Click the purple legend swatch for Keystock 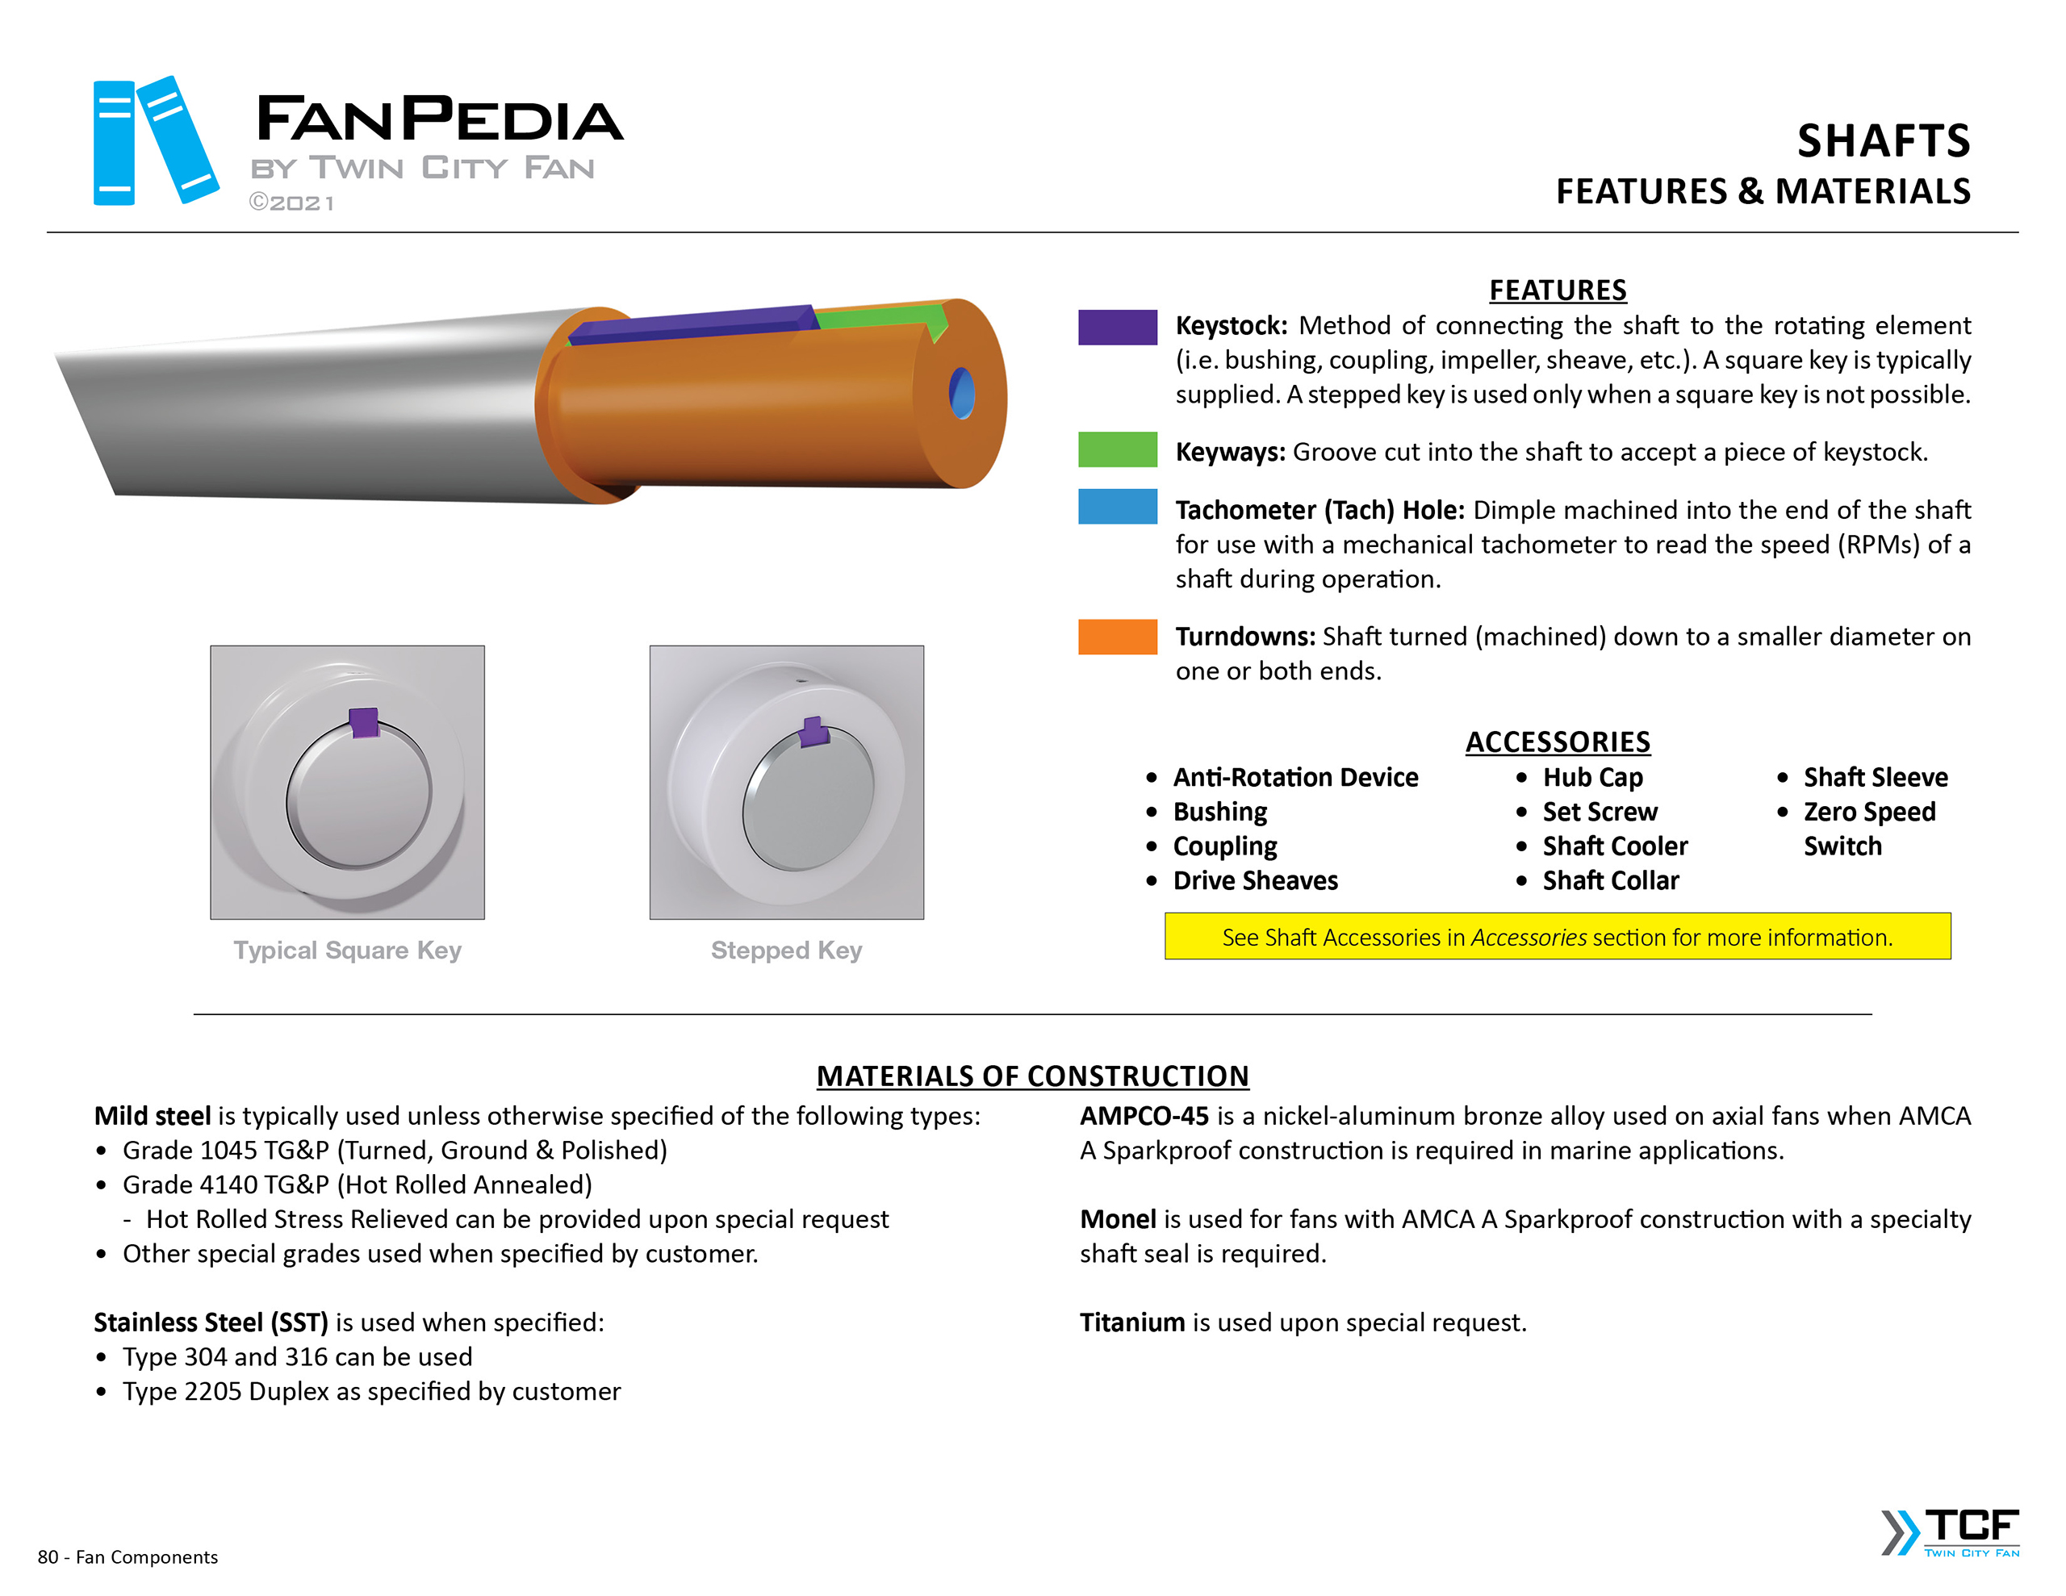coord(1116,328)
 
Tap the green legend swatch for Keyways coord(1116,449)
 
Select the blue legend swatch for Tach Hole coord(1116,506)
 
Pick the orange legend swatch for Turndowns coord(1116,637)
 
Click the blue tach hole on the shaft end coord(961,393)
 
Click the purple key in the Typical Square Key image coord(364,722)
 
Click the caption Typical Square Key coord(347,950)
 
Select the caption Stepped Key coord(786,950)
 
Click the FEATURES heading coord(1557,290)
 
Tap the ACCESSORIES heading coord(1557,742)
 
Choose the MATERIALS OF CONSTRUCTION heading coord(1032,1076)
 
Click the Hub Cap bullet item coord(1592,778)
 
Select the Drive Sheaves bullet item coord(1254,881)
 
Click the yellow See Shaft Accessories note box coord(1557,937)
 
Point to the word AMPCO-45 coord(1144,1117)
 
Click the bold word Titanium coord(1131,1322)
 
